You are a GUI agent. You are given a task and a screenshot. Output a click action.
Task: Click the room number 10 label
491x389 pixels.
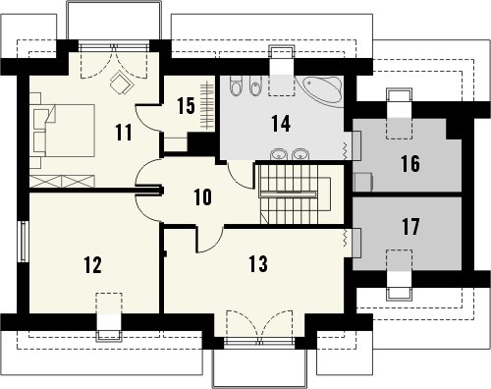(x=203, y=197)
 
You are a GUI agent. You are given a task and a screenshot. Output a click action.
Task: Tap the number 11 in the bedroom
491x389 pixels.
(x=124, y=133)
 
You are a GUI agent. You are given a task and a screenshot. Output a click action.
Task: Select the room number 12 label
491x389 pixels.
(x=92, y=265)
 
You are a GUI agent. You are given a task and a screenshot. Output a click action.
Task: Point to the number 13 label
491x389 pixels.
(x=258, y=264)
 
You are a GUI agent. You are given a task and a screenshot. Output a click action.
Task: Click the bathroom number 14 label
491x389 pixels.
(x=281, y=124)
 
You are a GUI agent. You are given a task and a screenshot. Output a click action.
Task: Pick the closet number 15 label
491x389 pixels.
(x=186, y=105)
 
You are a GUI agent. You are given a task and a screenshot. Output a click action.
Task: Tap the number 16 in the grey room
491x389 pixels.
(x=410, y=164)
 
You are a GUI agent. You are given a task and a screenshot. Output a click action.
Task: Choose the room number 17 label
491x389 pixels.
(x=410, y=227)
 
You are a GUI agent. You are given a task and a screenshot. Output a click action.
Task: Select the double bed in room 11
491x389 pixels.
(x=65, y=131)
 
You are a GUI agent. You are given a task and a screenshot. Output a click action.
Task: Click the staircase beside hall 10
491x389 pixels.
(x=289, y=194)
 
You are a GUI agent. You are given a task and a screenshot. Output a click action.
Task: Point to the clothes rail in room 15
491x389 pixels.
(x=207, y=105)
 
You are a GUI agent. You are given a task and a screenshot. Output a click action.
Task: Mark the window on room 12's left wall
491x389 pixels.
(x=24, y=242)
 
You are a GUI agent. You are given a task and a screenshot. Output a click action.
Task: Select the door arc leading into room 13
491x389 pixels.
(x=209, y=240)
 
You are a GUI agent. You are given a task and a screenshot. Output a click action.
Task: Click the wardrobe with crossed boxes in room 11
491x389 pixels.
(x=62, y=181)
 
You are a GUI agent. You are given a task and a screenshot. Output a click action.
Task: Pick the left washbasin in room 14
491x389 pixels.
(x=279, y=154)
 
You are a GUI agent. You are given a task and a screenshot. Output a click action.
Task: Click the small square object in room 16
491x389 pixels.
(x=363, y=182)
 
